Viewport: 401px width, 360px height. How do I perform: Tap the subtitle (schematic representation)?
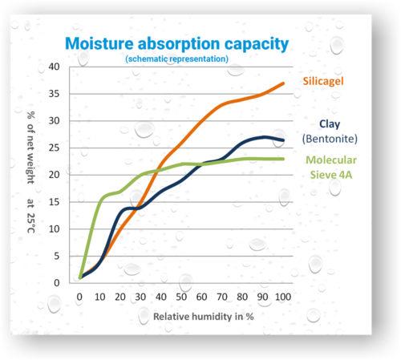[177, 59]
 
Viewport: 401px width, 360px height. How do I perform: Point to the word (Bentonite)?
[330, 138]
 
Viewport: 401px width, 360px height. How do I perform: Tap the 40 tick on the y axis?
[55, 67]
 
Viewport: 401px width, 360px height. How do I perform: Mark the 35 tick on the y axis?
[55, 94]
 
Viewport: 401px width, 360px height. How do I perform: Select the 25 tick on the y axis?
[55, 148]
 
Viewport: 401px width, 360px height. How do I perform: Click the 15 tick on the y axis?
[55, 202]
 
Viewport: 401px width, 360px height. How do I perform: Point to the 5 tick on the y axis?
[57, 256]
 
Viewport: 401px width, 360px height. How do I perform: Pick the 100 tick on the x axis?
[282, 297]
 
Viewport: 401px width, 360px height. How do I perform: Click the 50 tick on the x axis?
[181, 297]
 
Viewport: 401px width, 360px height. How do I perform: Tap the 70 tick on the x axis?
[222, 297]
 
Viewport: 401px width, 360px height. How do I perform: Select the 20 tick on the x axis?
[119, 297]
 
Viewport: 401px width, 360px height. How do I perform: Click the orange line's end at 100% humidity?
[283, 83]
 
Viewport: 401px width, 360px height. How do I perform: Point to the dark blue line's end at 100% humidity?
[283, 140]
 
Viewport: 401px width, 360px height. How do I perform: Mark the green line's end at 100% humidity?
[283, 159]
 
